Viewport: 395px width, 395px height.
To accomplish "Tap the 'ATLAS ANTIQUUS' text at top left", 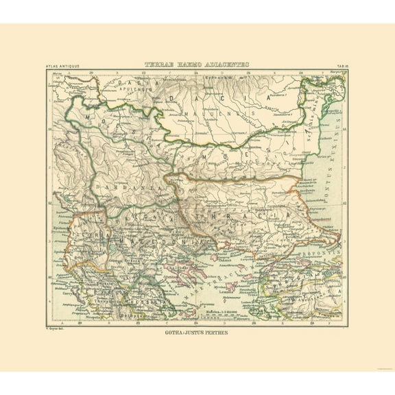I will [x=64, y=66].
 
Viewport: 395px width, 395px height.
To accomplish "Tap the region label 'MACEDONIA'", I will [x=160, y=241].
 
